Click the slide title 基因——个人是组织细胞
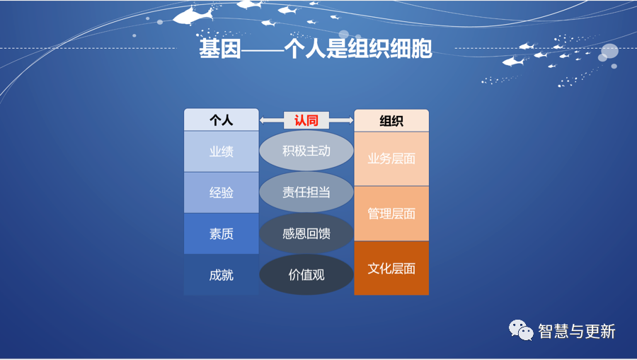[315, 49]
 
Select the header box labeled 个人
[222, 120]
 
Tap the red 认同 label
[306, 120]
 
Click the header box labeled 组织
[391, 120]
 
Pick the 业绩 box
[222, 151]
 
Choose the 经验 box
[222, 192]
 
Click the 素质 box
[222, 234]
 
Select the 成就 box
[222, 274]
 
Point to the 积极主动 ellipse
[306, 151]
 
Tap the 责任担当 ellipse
[306, 192]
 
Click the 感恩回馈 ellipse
[306, 233]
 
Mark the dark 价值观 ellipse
[306, 274]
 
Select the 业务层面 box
[391, 158]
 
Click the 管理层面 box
[391, 214]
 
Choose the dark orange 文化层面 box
[391, 268]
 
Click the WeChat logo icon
[521, 330]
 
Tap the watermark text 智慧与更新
[576, 331]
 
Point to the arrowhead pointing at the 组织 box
[350, 120]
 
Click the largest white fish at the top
[192, 16]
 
